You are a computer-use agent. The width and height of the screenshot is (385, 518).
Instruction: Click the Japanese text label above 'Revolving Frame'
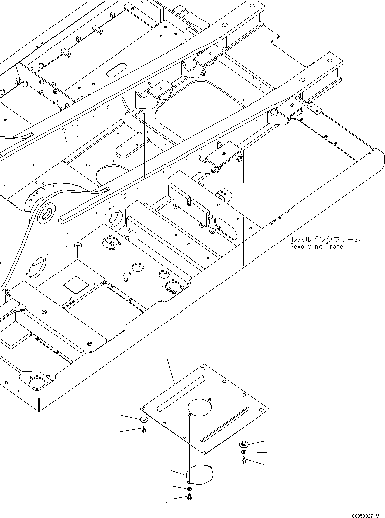tap(325, 240)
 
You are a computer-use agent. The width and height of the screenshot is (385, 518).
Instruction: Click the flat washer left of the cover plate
tap(144, 419)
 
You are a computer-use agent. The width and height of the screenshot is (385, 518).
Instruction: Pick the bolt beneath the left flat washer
tap(144, 430)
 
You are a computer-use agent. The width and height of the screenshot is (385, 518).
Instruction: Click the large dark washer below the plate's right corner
tap(244, 444)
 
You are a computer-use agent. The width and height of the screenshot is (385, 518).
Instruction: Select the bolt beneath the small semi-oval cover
tap(189, 498)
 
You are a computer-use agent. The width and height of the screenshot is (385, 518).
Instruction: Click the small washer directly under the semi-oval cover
tap(189, 489)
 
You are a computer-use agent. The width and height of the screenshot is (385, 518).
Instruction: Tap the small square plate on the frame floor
tap(73, 285)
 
